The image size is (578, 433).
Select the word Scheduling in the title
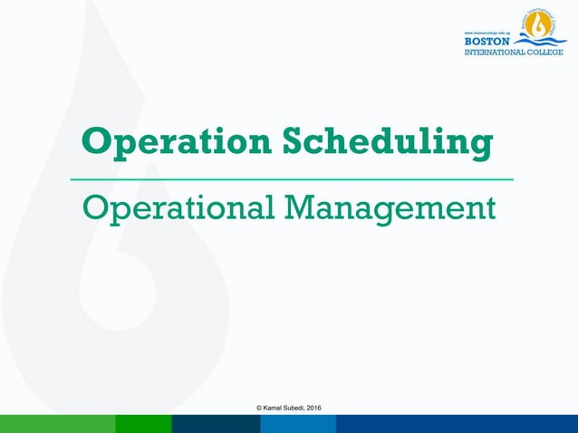click(389, 143)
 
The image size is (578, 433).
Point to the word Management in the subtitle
click(390, 209)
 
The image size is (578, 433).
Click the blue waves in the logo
click(540, 42)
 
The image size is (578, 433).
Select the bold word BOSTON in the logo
click(487, 41)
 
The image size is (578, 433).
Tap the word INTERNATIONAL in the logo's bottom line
click(496, 52)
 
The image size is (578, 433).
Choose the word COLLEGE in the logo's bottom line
click(547, 52)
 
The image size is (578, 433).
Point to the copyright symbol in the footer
click(259, 409)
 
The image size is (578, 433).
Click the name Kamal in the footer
click(275, 409)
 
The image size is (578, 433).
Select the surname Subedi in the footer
click(297, 409)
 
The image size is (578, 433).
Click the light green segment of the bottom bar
click(57, 424)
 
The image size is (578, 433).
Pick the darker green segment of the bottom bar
click(143, 424)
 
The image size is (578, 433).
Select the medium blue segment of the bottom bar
click(298, 424)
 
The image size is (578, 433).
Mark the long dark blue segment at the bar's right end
click(457, 424)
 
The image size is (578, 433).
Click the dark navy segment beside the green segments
click(216, 424)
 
